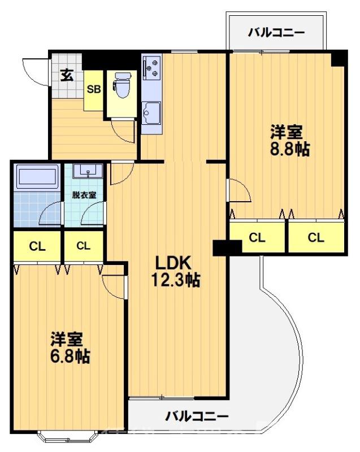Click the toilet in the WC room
click(120, 84)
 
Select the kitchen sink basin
click(151, 111)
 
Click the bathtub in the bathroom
click(37, 177)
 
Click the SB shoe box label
click(94, 89)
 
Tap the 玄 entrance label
click(67, 75)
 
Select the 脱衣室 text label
click(84, 195)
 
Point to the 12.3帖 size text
click(175, 280)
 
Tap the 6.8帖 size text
click(67, 356)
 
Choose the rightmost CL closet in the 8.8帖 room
click(316, 238)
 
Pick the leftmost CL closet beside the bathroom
click(37, 246)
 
